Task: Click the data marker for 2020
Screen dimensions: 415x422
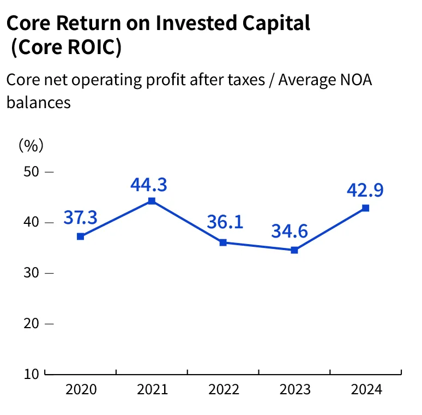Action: point(81,236)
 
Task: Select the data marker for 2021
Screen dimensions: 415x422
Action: point(152,201)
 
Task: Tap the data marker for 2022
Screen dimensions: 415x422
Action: point(223,242)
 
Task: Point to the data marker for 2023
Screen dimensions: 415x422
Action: point(294,250)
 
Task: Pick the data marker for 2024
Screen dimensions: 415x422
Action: point(365,208)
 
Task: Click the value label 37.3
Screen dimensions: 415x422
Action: point(80,217)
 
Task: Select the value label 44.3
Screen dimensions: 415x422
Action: point(148,185)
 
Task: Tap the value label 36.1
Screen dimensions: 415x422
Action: point(225,222)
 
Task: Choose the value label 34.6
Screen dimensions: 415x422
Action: point(290,230)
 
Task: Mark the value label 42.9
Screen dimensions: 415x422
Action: point(365,190)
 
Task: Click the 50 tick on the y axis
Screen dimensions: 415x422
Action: point(32,171)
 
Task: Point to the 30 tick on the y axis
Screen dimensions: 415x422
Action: point(32,272)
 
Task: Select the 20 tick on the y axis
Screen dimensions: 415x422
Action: point(32,323)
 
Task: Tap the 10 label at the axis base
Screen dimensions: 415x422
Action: point(31,374)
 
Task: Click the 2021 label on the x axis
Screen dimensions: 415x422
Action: point(152,389)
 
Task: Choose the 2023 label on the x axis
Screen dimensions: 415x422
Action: point(294,389)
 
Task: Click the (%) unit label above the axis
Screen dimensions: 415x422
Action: point(31,145)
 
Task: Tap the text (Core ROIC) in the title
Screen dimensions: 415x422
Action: point(65,47)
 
